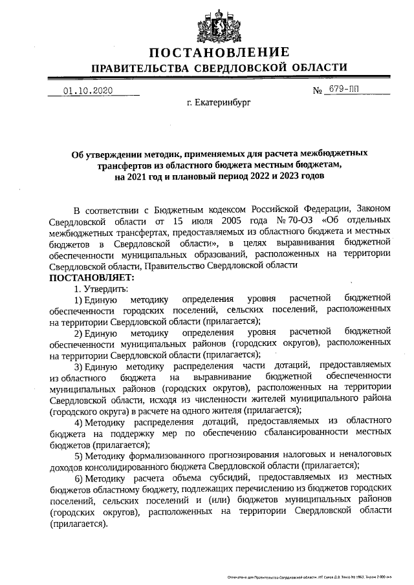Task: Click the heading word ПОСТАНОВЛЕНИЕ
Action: point(218,53)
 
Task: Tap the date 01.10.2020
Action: point(88,91)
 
